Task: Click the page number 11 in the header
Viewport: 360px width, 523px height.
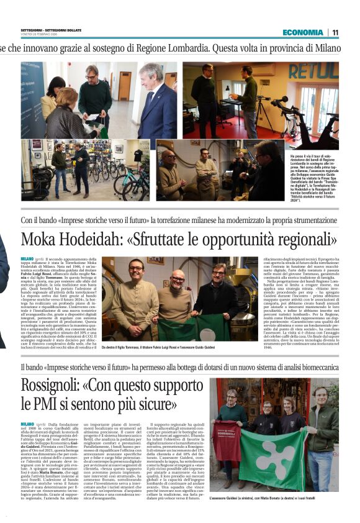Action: coord(335,32)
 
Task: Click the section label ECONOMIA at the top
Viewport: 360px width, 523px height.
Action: coord(302,32)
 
